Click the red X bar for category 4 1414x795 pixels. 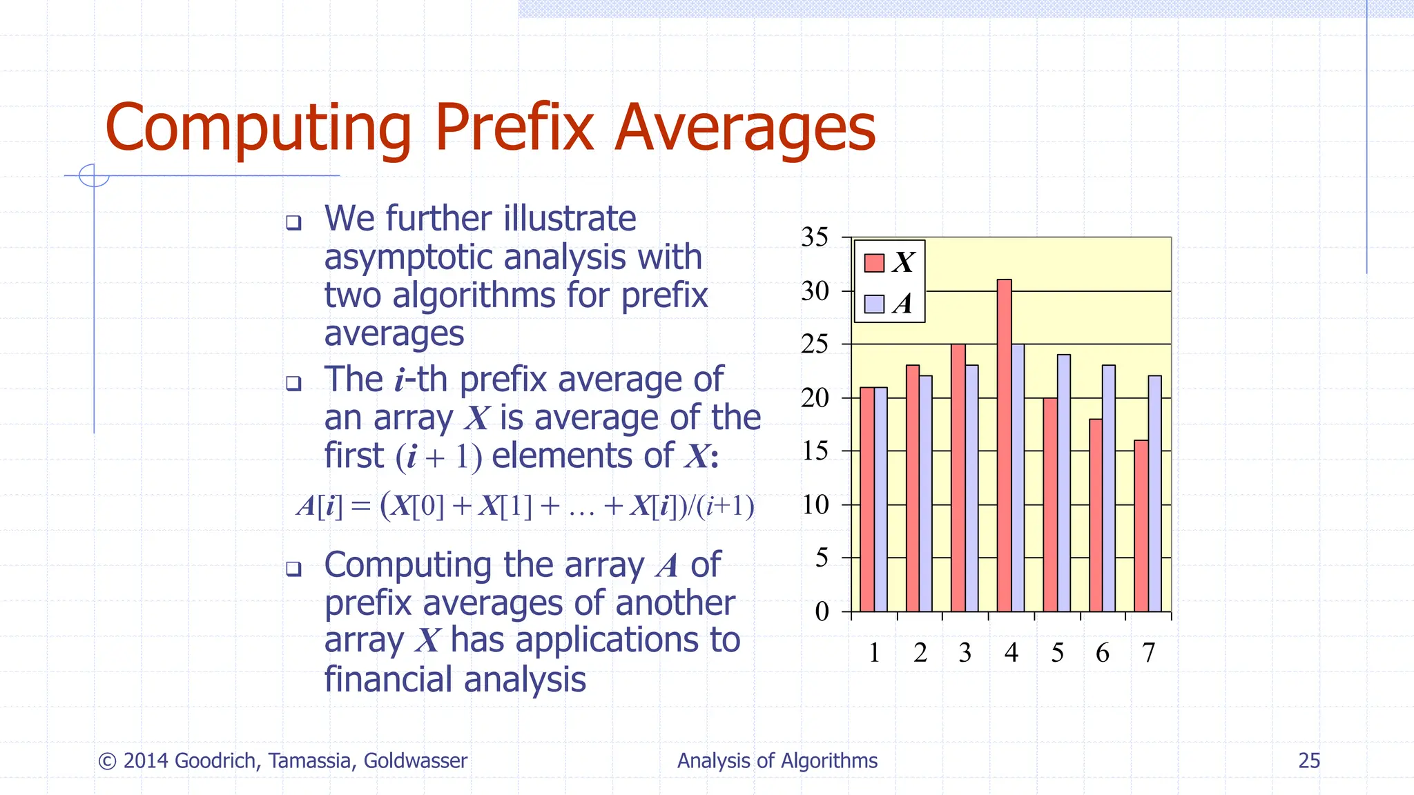[x=1004, y=446]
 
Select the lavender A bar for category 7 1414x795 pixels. [x=1154, y=493]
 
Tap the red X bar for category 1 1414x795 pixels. [x=867, y=500]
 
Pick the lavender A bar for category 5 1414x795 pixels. [x=1063, y=483]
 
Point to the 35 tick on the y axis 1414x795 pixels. [x=815, y=237]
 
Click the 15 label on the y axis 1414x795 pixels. [x=815, y=451]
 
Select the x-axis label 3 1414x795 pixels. [x=965, y=652]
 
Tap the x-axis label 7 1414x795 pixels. [x=1148, y=652]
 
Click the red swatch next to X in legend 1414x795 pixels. [x=874, y=263]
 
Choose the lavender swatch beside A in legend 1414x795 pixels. [x=874, y=304]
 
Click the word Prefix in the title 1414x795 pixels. [x=514, y=128]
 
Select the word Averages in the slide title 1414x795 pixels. [x=745, y=128]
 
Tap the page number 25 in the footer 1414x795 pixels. [x=1308, y=760]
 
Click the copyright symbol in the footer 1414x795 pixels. [x=107, y=761]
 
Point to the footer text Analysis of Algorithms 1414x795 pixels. [x=777, y=760]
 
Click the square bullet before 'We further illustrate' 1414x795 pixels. [x=294, y=222]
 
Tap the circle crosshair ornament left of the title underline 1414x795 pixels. [x=94, y=175]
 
